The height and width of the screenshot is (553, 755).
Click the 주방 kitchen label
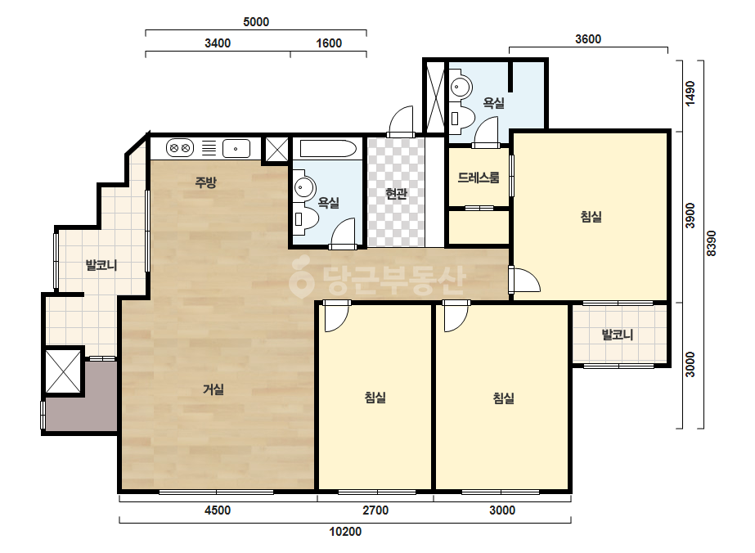[x=205, y=182]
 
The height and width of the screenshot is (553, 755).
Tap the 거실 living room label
[x=213, y=389]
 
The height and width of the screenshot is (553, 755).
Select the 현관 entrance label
[x=396, y=194]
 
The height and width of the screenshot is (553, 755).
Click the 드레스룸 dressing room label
[x=479, y=178]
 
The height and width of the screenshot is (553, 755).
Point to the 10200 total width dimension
[x=345, y=532]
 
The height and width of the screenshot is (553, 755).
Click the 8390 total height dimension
[x=712, y=244]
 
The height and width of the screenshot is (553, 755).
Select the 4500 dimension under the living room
[x=218, y=510]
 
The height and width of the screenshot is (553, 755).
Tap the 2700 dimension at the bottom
[x=375, y=510]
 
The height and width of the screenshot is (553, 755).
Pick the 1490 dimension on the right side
[x=690, y=93]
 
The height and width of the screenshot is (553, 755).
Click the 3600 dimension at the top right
[x=588, y=39]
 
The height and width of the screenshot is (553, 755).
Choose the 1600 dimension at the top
[x=329, y=43]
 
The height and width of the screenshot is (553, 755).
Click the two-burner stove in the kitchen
[x=180, y=148]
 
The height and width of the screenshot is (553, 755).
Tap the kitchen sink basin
[x=236, y=148]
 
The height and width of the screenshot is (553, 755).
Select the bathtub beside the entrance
[x=328, y=149]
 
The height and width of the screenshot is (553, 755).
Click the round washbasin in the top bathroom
[x=462, y=88]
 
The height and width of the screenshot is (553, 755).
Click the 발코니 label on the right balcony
[x=618, y=335]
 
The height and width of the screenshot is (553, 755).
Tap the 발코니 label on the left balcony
[x=101, y=265]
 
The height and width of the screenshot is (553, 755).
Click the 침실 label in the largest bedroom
[x=591, y=217]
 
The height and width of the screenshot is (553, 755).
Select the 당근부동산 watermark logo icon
[x=301, y=278]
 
